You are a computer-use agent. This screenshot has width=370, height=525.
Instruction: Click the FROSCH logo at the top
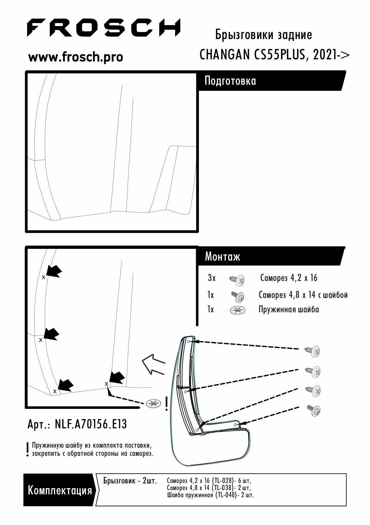(103, 28)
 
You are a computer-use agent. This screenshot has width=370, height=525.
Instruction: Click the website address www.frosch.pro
(76, 57)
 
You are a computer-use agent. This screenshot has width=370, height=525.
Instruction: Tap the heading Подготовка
(230, 81)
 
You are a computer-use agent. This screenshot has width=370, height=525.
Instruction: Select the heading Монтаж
(222, 256)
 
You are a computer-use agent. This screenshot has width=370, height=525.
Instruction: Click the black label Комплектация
(60, 490)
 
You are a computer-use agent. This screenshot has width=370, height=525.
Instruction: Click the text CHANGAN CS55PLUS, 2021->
(274, 55)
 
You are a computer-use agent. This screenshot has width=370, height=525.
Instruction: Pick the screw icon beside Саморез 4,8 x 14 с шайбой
(237, 296)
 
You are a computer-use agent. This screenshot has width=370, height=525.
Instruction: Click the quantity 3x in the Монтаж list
(212, 278)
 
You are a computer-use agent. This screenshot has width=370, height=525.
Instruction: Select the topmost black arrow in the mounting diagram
(54, 271)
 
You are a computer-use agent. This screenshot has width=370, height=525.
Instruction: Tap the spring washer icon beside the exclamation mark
(154, 404)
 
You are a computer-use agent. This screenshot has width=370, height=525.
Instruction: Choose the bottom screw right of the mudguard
(314, 410)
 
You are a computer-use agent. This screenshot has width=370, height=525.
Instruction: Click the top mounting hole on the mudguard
(188, 342)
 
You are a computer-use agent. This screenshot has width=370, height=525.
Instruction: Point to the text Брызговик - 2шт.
(130, 481)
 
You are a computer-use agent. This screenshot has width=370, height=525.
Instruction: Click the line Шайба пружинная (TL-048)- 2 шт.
(210, 495)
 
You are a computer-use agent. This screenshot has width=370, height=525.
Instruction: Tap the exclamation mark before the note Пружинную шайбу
(28, 450)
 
